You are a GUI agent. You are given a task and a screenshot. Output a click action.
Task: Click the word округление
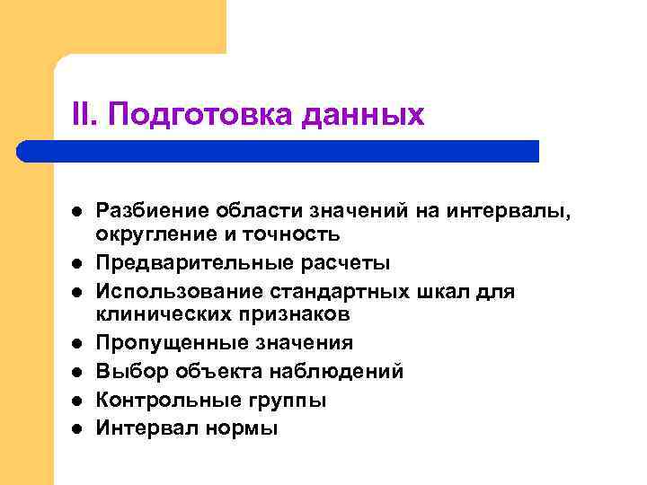pyautogui.click(x=147, y=235)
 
